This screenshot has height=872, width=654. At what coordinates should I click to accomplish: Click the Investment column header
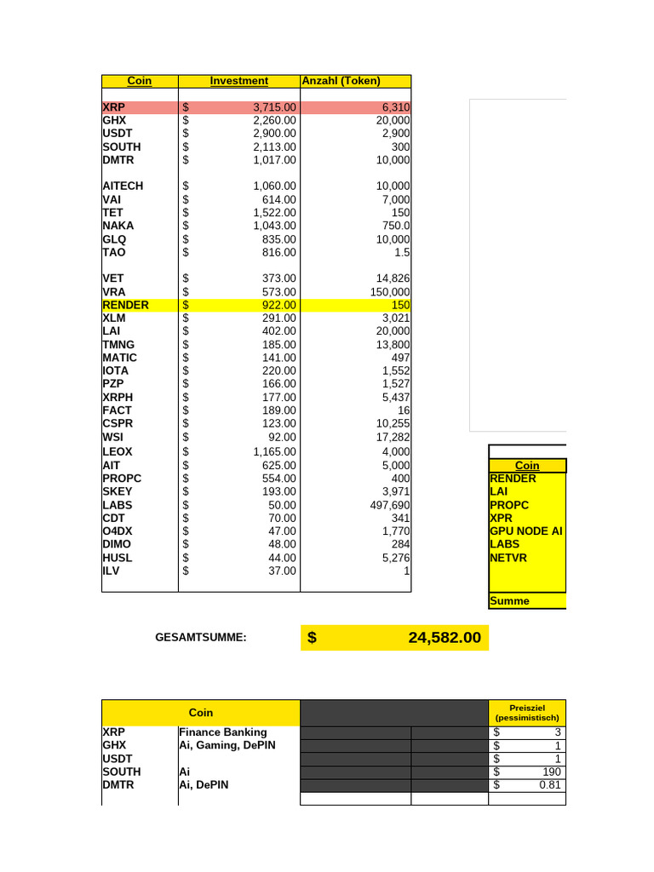point(238,81)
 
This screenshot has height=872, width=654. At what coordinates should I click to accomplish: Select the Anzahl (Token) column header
point(341,81)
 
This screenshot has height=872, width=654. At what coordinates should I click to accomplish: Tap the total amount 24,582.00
point(444,638)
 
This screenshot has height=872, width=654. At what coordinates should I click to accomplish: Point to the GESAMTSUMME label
point(201,637)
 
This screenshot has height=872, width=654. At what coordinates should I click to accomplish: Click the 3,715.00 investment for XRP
point(274,108)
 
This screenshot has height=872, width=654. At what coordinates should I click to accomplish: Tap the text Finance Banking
point(222,731)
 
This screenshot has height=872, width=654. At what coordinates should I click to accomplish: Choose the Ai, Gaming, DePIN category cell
point(227,745)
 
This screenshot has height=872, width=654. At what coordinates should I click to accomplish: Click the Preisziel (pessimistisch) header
point(527,713)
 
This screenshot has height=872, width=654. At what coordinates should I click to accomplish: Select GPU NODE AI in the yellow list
point(525,531)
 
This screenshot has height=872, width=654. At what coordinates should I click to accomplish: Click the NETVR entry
point(510,558)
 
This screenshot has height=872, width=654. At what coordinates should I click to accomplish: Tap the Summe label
point(509,600)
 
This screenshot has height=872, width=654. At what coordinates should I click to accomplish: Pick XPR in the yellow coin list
point(502,518)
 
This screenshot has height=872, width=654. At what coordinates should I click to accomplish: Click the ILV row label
point(112,571)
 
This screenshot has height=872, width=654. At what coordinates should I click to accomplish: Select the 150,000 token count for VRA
point(387,291)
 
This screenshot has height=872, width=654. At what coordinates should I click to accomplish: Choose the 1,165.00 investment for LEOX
point(274,451)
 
